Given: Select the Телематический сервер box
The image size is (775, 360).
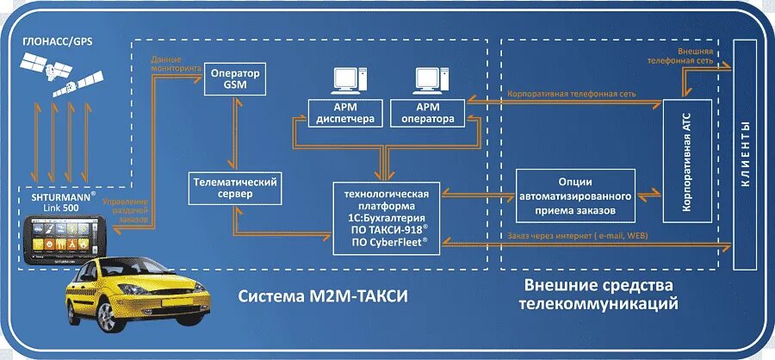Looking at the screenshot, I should coord(236,188).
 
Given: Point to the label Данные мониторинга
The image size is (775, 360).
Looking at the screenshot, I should coord(176,63).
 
